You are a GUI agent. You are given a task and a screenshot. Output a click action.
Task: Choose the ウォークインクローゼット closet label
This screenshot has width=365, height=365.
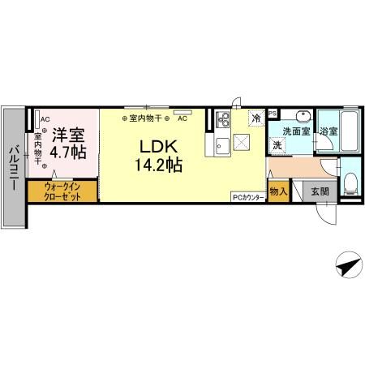62,191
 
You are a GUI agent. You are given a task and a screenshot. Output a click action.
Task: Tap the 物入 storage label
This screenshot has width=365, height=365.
277,191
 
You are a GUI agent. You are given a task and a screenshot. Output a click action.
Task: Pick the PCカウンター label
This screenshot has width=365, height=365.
247,195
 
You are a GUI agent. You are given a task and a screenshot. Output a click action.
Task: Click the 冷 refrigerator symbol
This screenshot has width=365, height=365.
256,118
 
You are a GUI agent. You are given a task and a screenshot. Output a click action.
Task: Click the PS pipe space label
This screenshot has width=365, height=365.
273,113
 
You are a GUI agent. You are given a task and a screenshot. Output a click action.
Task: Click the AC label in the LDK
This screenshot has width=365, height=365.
182,118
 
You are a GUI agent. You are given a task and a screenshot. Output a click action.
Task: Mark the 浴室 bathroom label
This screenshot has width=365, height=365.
328,131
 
